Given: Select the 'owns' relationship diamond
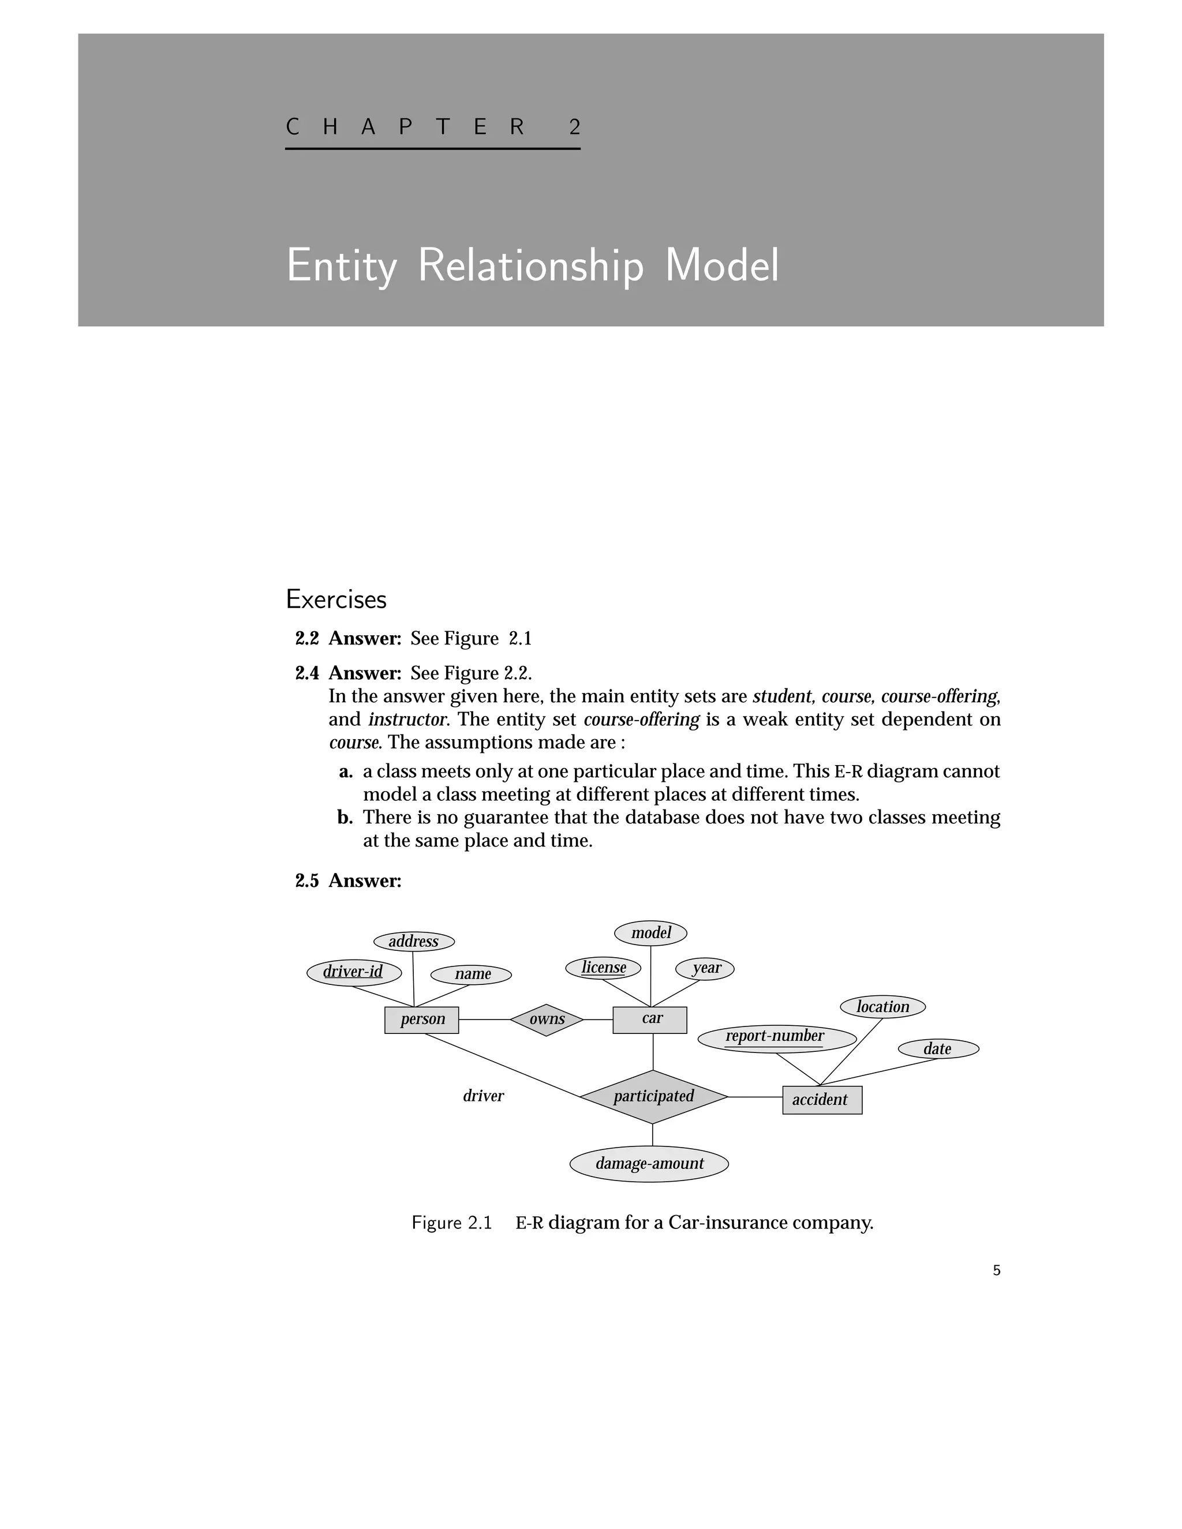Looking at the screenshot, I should [x=546, y=1020].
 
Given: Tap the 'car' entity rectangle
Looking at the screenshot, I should [x=650, y=1020].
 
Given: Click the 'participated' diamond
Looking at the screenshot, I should [x=653, y=1096].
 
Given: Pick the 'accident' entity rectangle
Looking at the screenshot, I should [x=822, y=1100].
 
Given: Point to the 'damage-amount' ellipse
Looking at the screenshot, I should [x=649, y=1164].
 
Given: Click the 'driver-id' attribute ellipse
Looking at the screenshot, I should [x=354, y=972].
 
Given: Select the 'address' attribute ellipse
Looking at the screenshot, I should [x=414, y=942].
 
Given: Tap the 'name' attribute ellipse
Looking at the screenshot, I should [x=472, y=975].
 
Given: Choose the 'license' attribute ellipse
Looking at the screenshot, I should [x=603, y=968].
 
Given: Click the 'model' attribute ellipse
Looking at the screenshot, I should [x=650, y=932].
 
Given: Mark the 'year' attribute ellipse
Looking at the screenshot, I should [x=705, y=968].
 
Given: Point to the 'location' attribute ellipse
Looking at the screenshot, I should [x=882, y=1007].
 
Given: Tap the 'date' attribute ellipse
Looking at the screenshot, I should [x=938, y=1049].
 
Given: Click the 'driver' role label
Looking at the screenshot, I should [x=483, y=1096].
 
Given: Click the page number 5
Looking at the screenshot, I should [x=996, y=1271].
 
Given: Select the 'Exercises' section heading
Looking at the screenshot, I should [x=336, y=599].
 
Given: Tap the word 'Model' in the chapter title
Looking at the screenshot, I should [x=721, y=265].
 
